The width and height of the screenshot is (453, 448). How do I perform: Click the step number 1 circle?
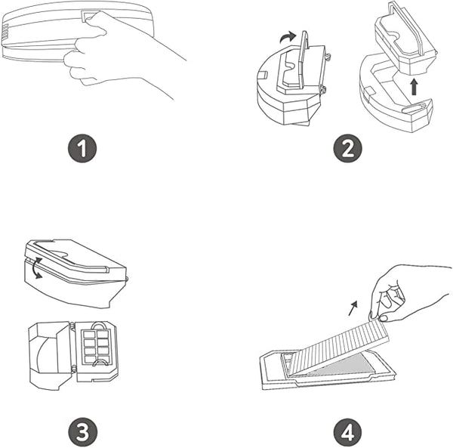tap(82, 148)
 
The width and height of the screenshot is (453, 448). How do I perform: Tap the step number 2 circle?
tap(347, 148)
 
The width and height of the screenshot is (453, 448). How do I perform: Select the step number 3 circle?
tap(82, 432)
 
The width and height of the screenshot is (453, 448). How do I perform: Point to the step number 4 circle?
tap(347, 432)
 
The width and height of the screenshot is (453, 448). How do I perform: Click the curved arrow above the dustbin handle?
tap(288, 37)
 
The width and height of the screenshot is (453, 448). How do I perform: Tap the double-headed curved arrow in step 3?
tap(35, 268)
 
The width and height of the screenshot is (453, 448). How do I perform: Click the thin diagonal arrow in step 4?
tap(353, 308)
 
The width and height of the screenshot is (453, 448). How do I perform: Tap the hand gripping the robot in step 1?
tap(122, 52)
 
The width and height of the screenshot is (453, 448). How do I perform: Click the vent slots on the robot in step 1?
tap(5, 31)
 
